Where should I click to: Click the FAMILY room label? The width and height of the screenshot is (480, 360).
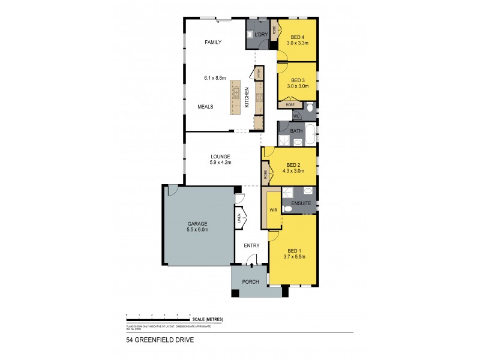click(213, 43)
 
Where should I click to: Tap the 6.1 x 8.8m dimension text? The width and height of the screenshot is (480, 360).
click(214, 78)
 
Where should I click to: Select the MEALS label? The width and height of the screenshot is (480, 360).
click(206, 107)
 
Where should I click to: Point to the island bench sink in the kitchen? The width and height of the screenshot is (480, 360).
click(236, 93)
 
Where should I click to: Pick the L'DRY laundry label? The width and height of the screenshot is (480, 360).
click(261, 34)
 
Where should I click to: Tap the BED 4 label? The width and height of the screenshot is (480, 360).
click(297, 37)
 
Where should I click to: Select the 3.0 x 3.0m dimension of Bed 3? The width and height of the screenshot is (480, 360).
click(297, 86)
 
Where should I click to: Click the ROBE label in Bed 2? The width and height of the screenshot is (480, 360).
click(265, 175)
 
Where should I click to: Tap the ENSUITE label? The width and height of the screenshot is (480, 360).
click(301, 204)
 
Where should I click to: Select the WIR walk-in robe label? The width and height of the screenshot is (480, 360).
click(272, 210)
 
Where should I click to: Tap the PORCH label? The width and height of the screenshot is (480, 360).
click(250, 281)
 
